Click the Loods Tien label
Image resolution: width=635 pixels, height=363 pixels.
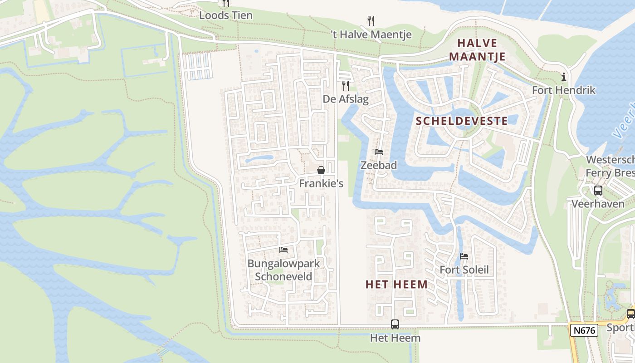click(x=226, y=15)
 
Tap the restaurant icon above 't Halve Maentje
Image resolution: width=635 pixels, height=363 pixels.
click(x=371, y=20)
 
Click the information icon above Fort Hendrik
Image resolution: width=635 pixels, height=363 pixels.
click(x=564, y=77)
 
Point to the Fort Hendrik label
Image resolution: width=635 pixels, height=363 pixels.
click(x=563, y=90)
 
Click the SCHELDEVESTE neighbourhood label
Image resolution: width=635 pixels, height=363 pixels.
click(x=462, y=121)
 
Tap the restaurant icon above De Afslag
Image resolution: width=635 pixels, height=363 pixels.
click(x=346, y=85)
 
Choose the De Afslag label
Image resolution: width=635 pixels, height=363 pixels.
click(x=346, y=99)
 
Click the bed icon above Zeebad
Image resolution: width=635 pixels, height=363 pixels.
click(x=379, y=152)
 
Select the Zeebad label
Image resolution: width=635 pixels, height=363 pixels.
click(x=379, y=165)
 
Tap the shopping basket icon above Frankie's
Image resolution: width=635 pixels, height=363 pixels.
click(x=321, y=170)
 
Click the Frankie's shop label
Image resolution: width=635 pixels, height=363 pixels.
click(x=321, y=183)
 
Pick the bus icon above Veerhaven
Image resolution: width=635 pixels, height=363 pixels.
click(x=598, y=191)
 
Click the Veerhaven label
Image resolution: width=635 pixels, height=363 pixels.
click(x=598, y=204)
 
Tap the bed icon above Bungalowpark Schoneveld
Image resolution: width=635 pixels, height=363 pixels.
click(x=283, y=250)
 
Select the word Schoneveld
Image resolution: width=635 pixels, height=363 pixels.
click(x=283, y=276)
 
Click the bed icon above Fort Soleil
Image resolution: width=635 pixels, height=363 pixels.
click(x=464, y=256)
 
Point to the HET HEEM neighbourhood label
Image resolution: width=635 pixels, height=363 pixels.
click(x=396, y=285)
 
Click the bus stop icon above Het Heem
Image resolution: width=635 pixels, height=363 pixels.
click(x=395, y=324)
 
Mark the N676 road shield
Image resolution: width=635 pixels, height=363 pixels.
click(x=584, y=330)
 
